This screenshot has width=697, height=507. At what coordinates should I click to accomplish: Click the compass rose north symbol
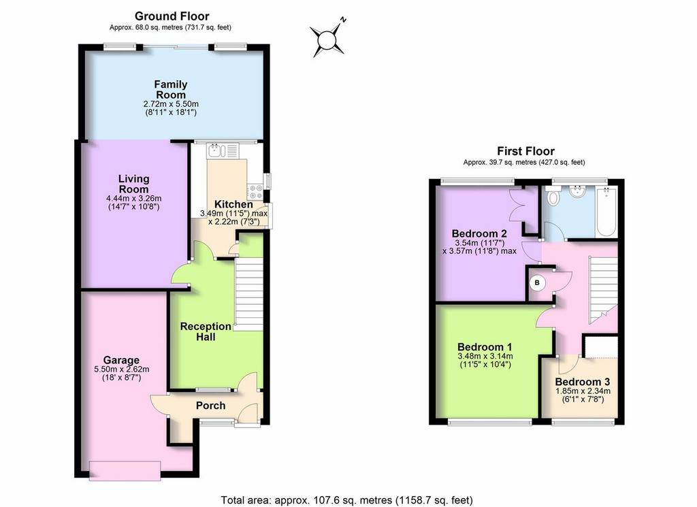327,39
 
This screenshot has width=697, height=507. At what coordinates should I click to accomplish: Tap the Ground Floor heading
172,16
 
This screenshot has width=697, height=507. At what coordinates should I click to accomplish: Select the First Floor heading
526,151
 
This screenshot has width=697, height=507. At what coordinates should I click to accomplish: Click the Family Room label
171,89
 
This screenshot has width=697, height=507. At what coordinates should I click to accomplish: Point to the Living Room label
133,184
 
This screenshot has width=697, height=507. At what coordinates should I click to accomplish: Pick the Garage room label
121,360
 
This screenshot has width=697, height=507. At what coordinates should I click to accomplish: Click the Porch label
211,405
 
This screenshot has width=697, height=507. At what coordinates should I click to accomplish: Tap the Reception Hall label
206,331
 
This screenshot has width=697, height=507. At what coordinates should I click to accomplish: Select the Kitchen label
233,204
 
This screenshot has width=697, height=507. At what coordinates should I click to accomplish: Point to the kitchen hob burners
256,192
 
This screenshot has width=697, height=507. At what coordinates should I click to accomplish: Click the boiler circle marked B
537,282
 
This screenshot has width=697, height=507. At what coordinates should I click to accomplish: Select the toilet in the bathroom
553,195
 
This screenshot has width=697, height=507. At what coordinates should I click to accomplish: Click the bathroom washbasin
579,191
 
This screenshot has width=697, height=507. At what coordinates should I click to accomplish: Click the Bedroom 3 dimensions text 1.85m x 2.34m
583,391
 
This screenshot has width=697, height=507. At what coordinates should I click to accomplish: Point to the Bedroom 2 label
479,233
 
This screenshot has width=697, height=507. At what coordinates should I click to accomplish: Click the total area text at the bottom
346,500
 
